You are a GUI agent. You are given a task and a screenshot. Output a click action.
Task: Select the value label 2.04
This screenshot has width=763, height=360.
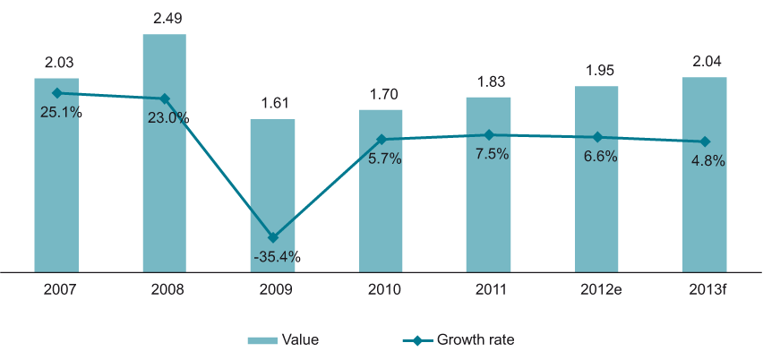point(704,62)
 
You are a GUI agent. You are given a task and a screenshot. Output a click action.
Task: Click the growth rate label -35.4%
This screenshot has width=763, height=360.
point(272,257)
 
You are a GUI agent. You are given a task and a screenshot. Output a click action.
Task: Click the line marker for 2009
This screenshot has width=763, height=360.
point(273,237)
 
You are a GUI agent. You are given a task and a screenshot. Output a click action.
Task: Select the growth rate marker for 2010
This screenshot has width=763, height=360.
point(381,140)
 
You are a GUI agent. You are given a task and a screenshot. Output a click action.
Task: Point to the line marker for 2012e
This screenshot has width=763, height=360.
point(596,137)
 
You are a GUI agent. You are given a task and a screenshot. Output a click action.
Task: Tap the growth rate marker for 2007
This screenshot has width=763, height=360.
point(57,92)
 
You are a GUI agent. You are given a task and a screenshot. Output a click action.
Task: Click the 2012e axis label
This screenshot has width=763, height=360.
point(596,289)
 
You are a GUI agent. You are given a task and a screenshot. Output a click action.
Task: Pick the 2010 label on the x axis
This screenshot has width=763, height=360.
point(381,289)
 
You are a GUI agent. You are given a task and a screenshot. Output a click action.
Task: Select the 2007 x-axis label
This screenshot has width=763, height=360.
point(57,289)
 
